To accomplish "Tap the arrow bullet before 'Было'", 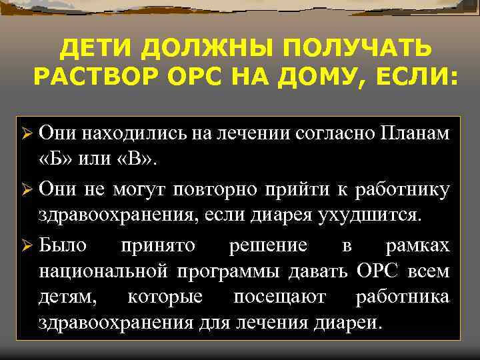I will [x=26, y=246].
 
